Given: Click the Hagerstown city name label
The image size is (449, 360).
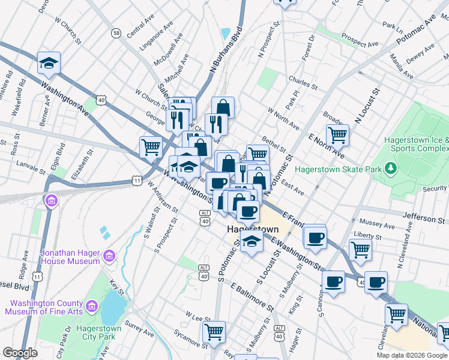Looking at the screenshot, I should pyautogui.click(x=253, y=230).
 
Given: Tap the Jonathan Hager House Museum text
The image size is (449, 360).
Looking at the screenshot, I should pyautogui.click(x=70, y=257).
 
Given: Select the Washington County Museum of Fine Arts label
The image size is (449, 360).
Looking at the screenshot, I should pyautogui.click(x=44, y=307).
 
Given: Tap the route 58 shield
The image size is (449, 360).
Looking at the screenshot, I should pyautogui.click(x=116, y=32).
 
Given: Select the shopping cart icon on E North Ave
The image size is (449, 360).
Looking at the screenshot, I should pyautogui.click(x=337, y=135).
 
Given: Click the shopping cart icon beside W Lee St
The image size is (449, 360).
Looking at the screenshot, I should pyautogui.click(x=214, y=331).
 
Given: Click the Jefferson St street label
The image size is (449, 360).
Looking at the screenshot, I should pyautogui.click(x=429, y=220).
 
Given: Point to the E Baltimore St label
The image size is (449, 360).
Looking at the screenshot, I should pyautogui.click(x=251, y=296).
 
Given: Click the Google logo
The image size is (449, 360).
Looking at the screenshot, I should pyautogui.click(x=20, y=353).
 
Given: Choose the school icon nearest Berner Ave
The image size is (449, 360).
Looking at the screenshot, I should pyautogui.click(x=47, y=63).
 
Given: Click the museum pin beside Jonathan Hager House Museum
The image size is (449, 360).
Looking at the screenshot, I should pyautogui.click(x=109, y=257).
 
